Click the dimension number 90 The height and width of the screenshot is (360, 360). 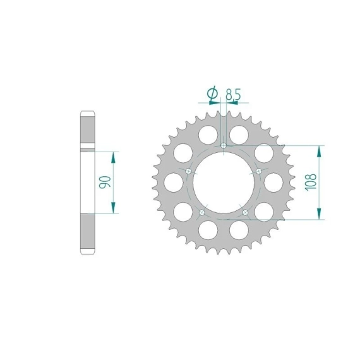tap(105, 183)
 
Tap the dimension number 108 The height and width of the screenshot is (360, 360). tap(311, 182)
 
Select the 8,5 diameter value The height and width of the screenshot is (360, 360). tap(233, 94)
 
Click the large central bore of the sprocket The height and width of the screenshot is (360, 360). tap(224, 183)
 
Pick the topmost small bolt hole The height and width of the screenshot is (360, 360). tap(224, 145)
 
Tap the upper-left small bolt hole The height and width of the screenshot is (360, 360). tap(188, 171)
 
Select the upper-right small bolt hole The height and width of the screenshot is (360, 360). tap(259, 171)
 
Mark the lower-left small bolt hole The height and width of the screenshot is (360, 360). tap(202, 212)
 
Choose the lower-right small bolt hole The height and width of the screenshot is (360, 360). tap(245, 212)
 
